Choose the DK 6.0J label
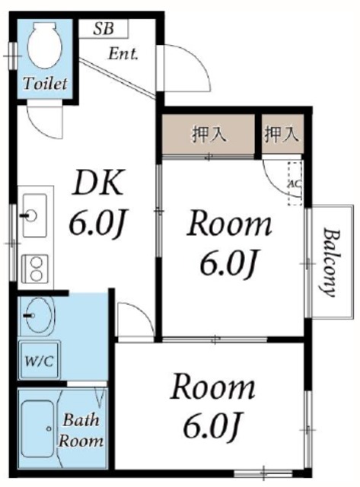97,202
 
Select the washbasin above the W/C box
37,316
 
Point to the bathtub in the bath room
39,428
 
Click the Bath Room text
82,430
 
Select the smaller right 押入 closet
282,135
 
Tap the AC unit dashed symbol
295,184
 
